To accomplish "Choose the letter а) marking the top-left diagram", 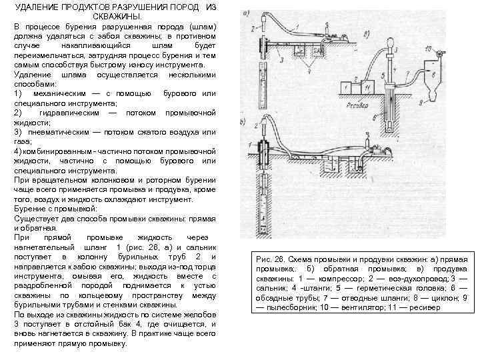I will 245,13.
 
